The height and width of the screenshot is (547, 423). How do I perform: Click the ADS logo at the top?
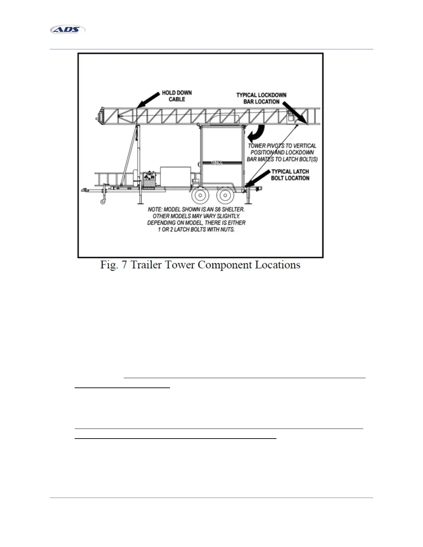[x=68, y=30]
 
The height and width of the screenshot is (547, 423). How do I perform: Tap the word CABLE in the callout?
[x=177, y=99]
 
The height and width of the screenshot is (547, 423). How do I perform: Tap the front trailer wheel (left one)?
[x=200, y=195]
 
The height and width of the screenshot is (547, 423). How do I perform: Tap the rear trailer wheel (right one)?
[x=225, y=195]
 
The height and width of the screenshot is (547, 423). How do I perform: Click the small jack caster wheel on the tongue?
[x=103, y=201]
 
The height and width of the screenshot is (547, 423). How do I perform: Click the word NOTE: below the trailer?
[x=155, y=210]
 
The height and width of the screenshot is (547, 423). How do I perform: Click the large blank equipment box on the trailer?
[x=175, y=177]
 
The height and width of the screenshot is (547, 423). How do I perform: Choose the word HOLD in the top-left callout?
[x=169, y=93]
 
